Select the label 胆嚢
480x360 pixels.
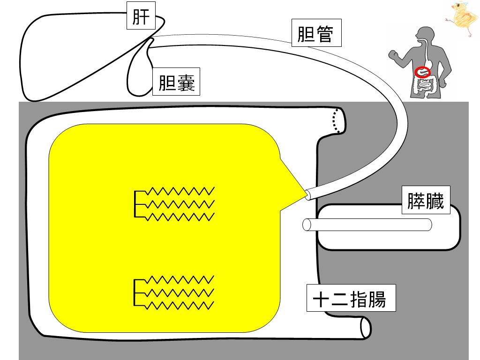coord(176,82)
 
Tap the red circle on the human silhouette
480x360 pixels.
coord(423,72)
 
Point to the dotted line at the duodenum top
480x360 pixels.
coord(336,120)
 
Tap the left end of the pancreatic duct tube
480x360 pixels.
coord(307,225)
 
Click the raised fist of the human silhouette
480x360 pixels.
coord(393,54)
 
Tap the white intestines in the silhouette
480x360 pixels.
coord(427,86)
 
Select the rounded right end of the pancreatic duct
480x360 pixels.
coord(428,225)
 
